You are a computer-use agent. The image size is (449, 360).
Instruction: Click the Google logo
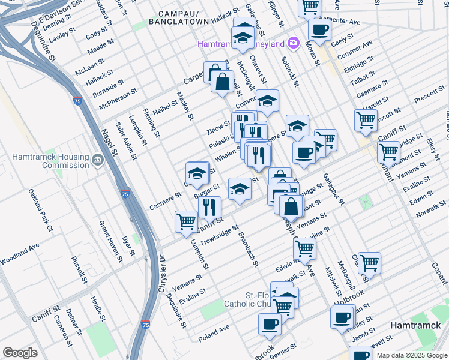tap(20, 353)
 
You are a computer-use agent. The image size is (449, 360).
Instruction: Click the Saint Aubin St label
tap(127, 142)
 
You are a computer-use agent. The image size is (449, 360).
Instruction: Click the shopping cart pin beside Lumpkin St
tap(186, 221)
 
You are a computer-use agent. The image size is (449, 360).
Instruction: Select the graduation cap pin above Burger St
tap(197, 173)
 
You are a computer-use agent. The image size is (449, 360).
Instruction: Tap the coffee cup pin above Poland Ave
tap(270, 323)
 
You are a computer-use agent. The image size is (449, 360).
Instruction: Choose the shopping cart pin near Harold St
tap(366, 119)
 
